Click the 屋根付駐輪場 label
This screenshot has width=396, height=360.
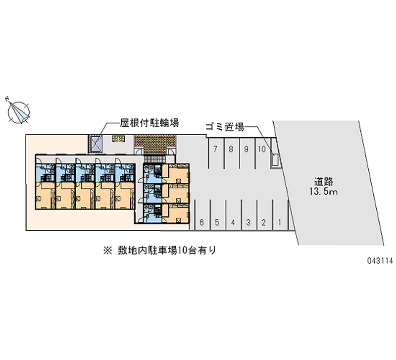[149, 123]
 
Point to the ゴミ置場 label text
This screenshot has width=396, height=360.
[225, 127]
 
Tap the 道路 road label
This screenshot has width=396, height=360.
[324, 182]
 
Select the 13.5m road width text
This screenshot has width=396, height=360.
[324, 192]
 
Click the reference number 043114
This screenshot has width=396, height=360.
[380, 261]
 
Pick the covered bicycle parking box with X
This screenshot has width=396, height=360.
[95, 144]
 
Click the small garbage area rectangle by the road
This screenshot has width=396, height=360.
[276, 159]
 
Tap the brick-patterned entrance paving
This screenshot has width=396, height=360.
[155, 145]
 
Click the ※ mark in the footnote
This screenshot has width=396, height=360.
[107, 251]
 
